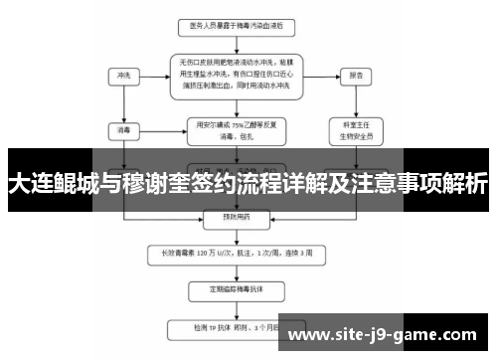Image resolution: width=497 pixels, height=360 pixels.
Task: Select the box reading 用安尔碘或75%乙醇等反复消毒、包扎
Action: tap(228, 129)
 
